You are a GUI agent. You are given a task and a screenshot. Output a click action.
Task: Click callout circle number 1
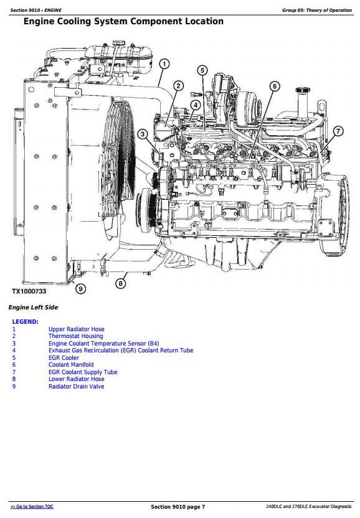(164, 64)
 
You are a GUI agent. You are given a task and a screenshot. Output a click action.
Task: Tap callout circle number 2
(178, 86)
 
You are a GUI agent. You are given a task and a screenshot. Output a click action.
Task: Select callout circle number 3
(143, 134)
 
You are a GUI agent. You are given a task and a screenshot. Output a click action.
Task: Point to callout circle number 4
(196, 105)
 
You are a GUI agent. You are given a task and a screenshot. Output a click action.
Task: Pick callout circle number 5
(202, 70)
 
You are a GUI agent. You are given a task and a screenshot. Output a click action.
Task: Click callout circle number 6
(275, 87)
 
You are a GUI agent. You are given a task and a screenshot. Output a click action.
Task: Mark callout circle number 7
(338, 131)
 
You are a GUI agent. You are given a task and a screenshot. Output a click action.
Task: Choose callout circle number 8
(120, 283)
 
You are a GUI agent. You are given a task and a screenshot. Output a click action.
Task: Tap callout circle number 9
(80, 288)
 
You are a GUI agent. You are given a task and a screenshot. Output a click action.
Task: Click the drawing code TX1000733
(29, 291)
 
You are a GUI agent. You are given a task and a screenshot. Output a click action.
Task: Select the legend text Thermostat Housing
(76, 336)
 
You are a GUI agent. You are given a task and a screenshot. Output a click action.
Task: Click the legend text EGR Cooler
(64, 358)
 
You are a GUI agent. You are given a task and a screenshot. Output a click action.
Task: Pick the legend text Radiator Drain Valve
(77, 386)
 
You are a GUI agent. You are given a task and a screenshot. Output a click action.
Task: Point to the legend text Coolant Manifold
(71, 365)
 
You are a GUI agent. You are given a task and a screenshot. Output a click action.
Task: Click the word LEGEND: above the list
(25, 321)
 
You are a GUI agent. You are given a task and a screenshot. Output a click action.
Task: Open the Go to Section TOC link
(32, 506)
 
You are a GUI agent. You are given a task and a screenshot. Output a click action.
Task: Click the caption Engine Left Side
(33, 307)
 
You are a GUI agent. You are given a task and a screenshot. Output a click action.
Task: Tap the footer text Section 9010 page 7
(178, 507)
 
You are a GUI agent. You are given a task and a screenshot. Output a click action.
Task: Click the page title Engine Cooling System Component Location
(124, 21)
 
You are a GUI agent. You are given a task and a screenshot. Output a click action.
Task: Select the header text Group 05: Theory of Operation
(316, 10)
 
